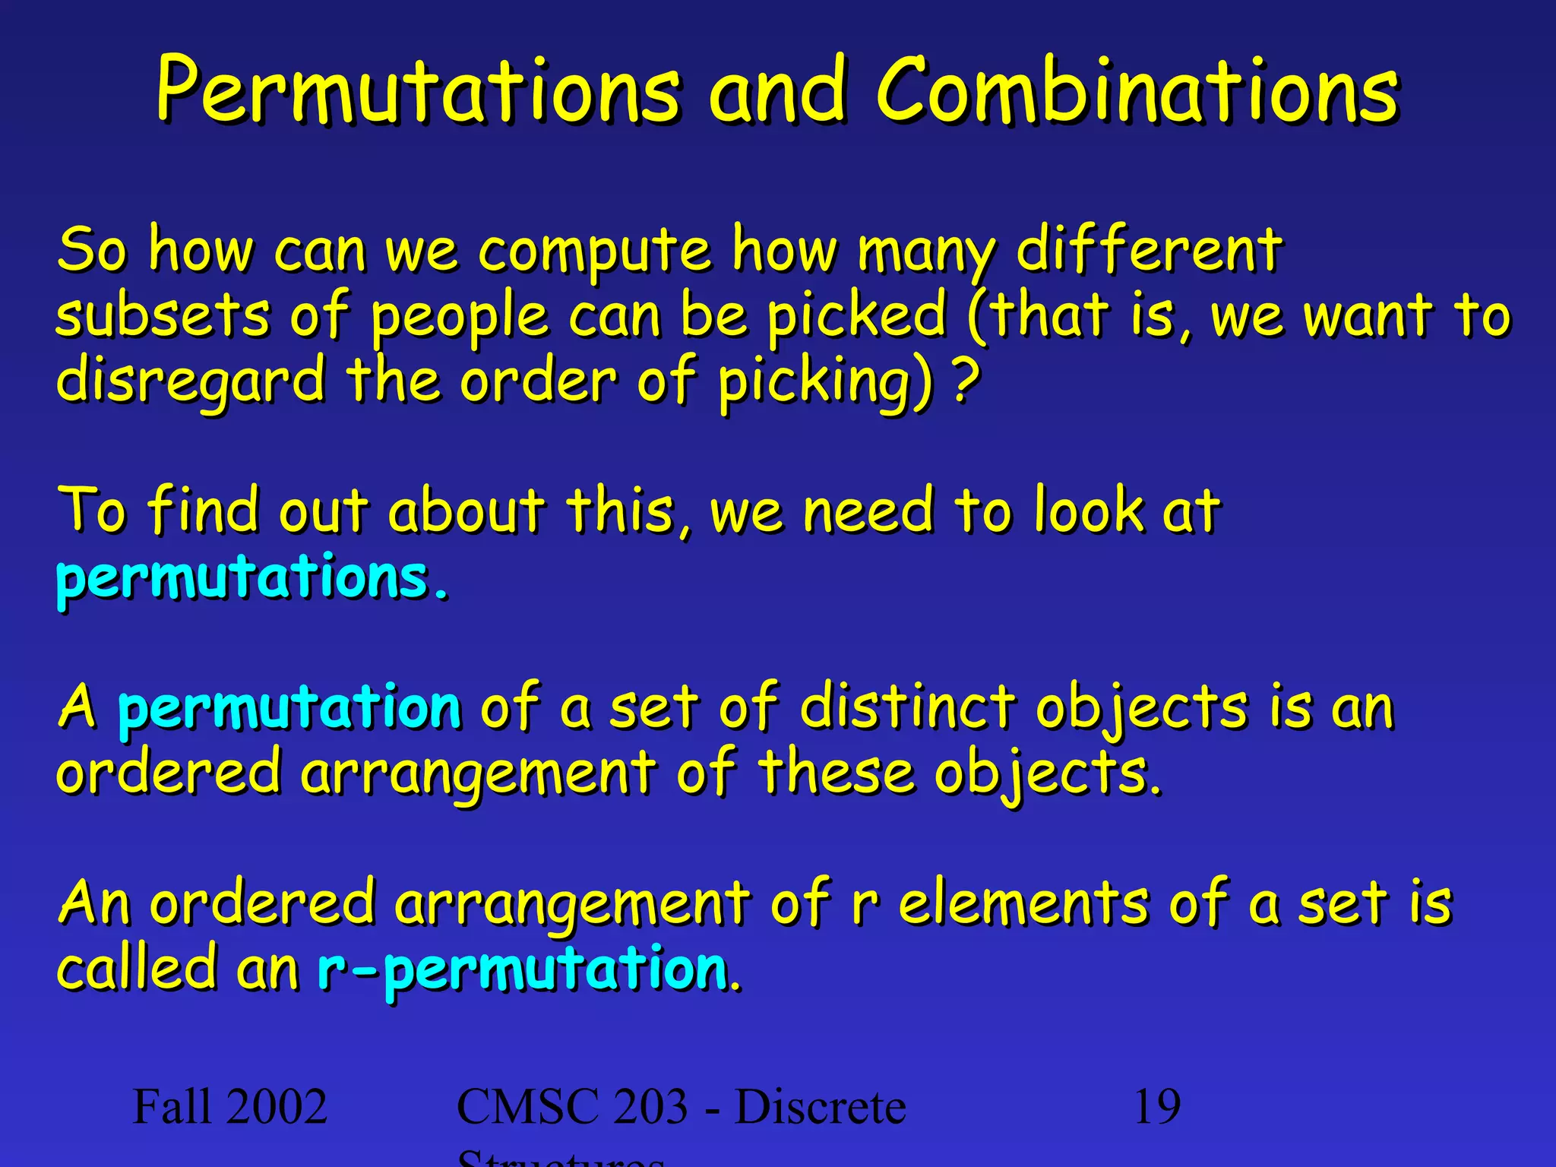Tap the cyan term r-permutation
(x=523, y=969)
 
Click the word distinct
(x=907, y=707)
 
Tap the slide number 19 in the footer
(x=1156, y=1106)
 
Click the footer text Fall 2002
(x=229, y=1106)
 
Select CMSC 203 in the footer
(x=571, y=1108)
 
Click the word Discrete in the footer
(x=821, y=1108)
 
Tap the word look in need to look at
(x=1088, y=511)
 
